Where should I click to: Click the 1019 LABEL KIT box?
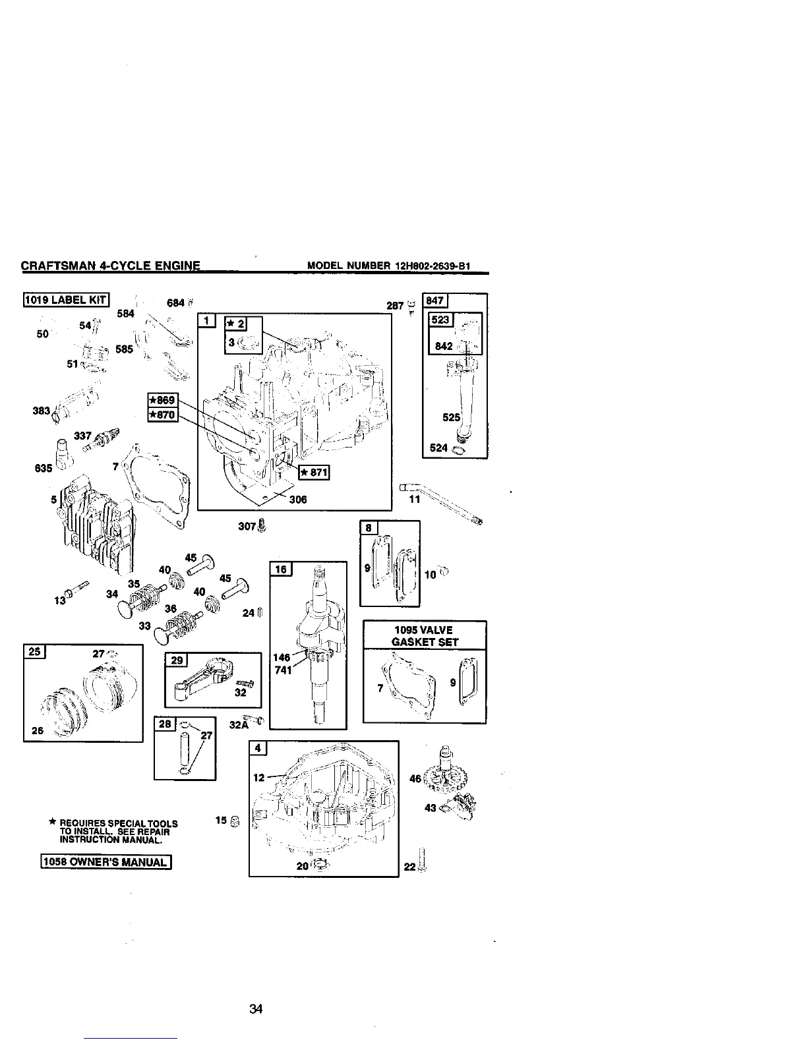pos(66,300)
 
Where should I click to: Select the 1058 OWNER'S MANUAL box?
pos(106,862)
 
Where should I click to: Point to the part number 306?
pos(298,499)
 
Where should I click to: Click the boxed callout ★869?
pos(162,400)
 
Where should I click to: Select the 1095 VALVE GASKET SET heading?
pos(425,635)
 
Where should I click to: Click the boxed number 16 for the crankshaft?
pos(281,569)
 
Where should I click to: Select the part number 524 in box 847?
pos(438,448)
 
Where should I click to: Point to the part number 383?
pos(42,411)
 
